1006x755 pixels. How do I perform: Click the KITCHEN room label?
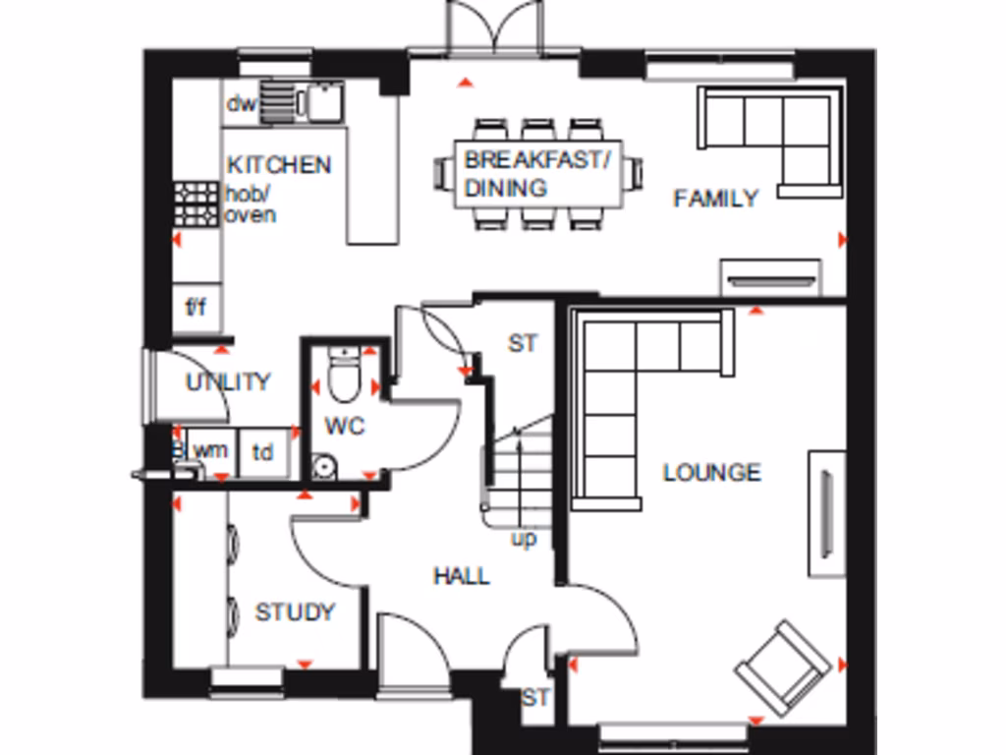(x=279, y=164)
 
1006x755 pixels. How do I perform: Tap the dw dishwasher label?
(x=241, y=104)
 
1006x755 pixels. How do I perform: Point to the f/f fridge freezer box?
(x=196, y=308)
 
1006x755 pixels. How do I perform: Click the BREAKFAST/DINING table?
(x=537, y=174)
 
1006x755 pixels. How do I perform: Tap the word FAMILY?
(x=715, y=199)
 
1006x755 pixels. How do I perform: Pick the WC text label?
(x=344, y=427)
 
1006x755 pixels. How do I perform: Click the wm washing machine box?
(x=210, y=451)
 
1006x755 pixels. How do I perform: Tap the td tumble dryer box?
(x=263, y=452)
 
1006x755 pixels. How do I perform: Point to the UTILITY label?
(x=228, y=381)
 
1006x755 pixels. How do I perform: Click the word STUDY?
(x=295, y=612)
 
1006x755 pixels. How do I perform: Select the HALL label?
(x=462, y=575)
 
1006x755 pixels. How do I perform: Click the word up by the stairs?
(x=524, y=540)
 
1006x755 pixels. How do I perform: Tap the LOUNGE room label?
(x=711, y=472)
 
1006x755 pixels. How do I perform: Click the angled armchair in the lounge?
(x=782, y=668)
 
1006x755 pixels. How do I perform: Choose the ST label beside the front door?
(x=535, y=698)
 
